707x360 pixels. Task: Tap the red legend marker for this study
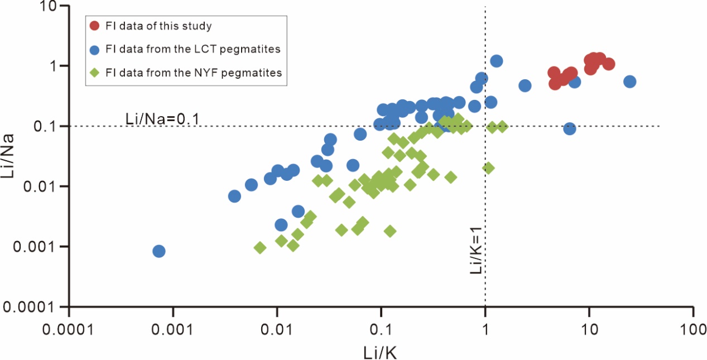point(95,26)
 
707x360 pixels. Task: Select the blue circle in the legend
point(95,50)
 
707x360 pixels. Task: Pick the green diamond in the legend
point(95,73)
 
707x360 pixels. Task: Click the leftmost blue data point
point(158,251)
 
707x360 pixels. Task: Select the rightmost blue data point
point(629,81)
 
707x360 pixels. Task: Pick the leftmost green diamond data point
point(259,247)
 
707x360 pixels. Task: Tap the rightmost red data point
point(608,64)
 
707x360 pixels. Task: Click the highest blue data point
point(496,61)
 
